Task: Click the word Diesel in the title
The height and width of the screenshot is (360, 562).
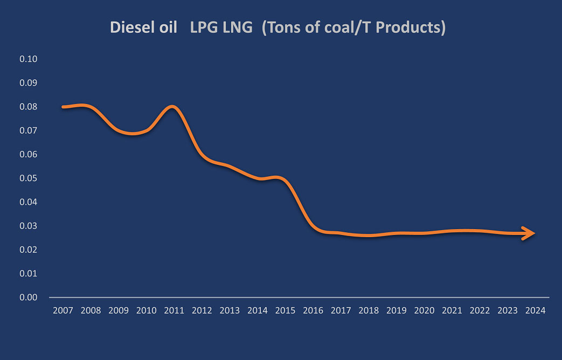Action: pyautogui.click(x=129, y=28)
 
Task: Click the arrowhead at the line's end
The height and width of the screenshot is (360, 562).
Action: pyautogui.click(x=530, y=233)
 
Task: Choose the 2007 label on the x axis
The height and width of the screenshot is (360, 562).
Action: pyautogui.click(x=63, y=311)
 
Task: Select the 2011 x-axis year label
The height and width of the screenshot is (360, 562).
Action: pyautogui.click(x=174, y=311)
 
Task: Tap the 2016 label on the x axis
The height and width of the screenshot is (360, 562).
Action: pyautogui.click(x=313, y=311)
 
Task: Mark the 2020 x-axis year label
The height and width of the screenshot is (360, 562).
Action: pyautogui.click(x=425, y=311)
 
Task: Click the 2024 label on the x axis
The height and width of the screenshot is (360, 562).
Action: pyautogui.click(x=536, y=311)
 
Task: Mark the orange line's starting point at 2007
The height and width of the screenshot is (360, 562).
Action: pyautogui.click(x=64, y=107)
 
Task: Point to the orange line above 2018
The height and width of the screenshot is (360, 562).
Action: pyautogui.click(x=369, y=235)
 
